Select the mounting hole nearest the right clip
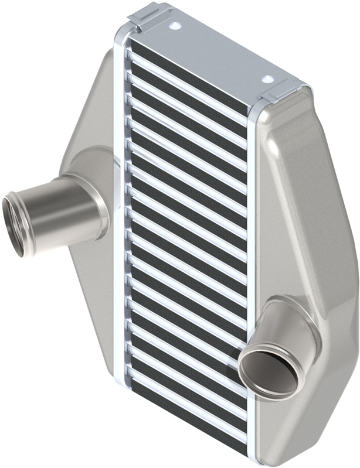267,78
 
